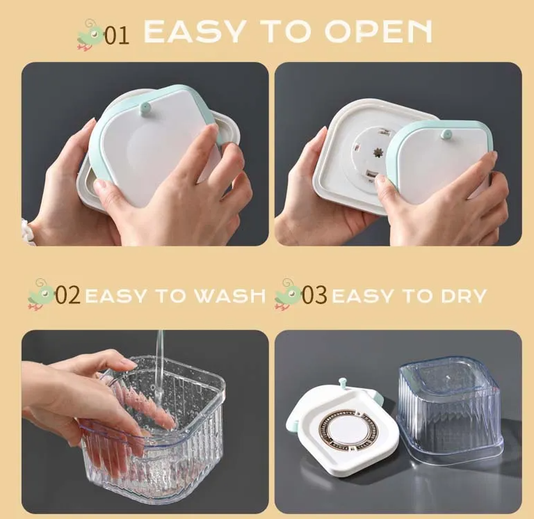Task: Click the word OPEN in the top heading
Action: click(x=378, y=31)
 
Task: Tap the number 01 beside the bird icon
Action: click(x=117, y=35)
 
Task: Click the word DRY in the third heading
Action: click(x=464, y=296)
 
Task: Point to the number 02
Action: click(x=67, y=295)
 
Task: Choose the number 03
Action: click(x=314, y=295)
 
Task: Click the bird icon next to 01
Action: click(x=90, y=35)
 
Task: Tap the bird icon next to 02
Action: click(x=41, y=294)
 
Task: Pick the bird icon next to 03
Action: click(x=288, y=294)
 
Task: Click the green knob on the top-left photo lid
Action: click(x=145, y=108)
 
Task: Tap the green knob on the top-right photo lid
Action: click(x=446, y=134)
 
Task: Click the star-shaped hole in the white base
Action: click(x=377, y=152)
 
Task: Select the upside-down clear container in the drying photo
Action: click(x=451, y=410)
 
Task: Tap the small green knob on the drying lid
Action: click(x=343, y=384)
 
